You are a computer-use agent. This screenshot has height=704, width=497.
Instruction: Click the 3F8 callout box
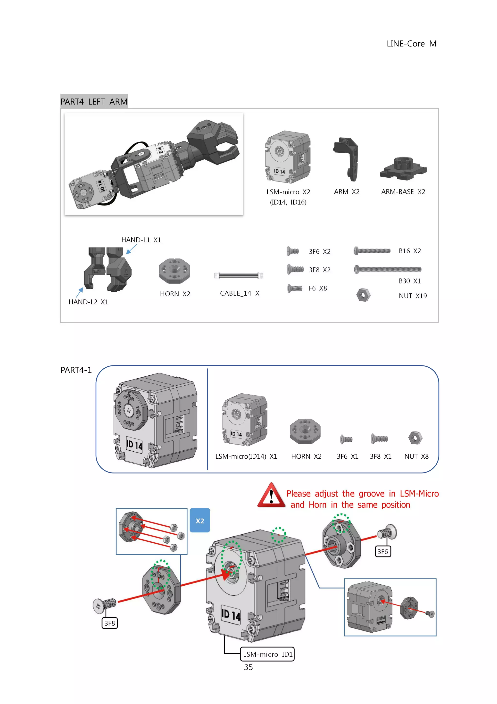pos(109,623)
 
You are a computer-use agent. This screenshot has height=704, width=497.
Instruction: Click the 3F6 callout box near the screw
pos(383,552)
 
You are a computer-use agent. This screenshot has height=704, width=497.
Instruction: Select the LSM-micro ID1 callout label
pos(267,654)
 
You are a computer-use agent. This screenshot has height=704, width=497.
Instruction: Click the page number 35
pos(248,667)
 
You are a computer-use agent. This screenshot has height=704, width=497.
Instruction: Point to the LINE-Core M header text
pos(411,44)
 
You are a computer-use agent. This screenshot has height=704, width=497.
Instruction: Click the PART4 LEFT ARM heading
pos(94,101)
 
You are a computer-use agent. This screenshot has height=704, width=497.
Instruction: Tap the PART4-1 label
pos(76,370)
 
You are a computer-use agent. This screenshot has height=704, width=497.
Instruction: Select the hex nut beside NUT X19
pos(363,295)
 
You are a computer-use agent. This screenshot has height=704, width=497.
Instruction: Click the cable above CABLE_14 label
pos(239,275)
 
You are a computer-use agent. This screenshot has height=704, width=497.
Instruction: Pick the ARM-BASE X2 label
pos(403,192)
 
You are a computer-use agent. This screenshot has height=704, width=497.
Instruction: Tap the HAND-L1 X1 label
pos(141,240)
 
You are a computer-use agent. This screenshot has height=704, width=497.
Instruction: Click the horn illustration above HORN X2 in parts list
pos(174,270)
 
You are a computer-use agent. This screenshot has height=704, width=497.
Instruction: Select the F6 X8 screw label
pos(318,288)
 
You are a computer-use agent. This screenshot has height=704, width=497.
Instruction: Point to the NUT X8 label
pos(416,456)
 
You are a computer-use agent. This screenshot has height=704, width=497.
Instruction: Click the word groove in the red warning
pos(371,494)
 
